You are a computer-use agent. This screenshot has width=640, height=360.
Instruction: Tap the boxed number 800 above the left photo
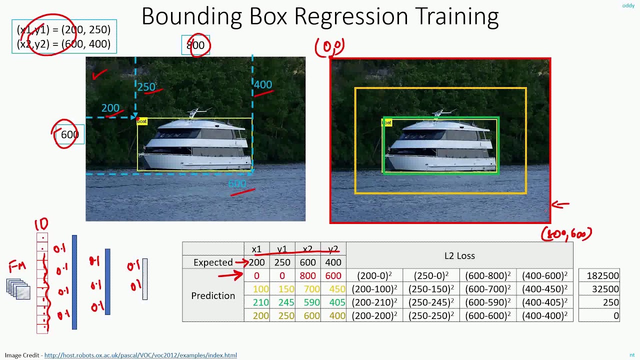tap(195, 45)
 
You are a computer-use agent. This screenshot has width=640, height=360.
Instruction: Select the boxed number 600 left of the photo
tap(69, 134)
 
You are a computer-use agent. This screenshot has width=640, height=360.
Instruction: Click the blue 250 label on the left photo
tap(146, 87)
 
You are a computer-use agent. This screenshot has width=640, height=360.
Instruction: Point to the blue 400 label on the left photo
tap(262, 84)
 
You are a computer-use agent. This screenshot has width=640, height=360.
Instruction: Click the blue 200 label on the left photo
tap(110, 108)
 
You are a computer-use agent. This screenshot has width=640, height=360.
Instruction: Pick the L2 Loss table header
tap(459, 255)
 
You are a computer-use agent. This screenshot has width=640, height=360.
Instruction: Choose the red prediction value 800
tap(307, 275)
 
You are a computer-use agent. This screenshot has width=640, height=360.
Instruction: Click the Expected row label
tap(213, 262)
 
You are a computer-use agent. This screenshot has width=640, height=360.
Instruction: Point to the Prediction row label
tap(213, 295)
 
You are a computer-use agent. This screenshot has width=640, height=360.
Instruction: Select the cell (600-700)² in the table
tap(487, 289)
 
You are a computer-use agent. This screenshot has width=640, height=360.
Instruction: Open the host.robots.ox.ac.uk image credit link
tap(140, 355)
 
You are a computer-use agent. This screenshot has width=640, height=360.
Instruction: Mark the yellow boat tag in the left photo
tap(142, 121)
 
